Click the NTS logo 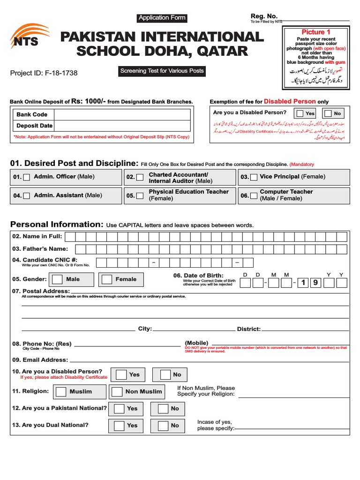coord(29,37)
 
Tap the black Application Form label coord(162,18)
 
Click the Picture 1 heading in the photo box coord(313,32)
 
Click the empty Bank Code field coord(122,114)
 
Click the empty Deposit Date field coord(122,126)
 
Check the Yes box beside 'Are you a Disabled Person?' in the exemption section coord(299,113)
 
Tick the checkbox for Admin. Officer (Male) coord(27,177)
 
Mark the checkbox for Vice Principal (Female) coord(254,177)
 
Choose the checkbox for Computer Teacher coord(254,195)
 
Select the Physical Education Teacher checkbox coord(139,195)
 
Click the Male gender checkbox coord(57,279)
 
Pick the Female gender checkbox coord(107,279)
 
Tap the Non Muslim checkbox coord(117,391)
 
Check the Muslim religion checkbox coord(61,391)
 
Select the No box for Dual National coord(163,426)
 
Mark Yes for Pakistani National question coord(119,409)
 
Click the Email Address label coord(40,360)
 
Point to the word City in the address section coord(144,329)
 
